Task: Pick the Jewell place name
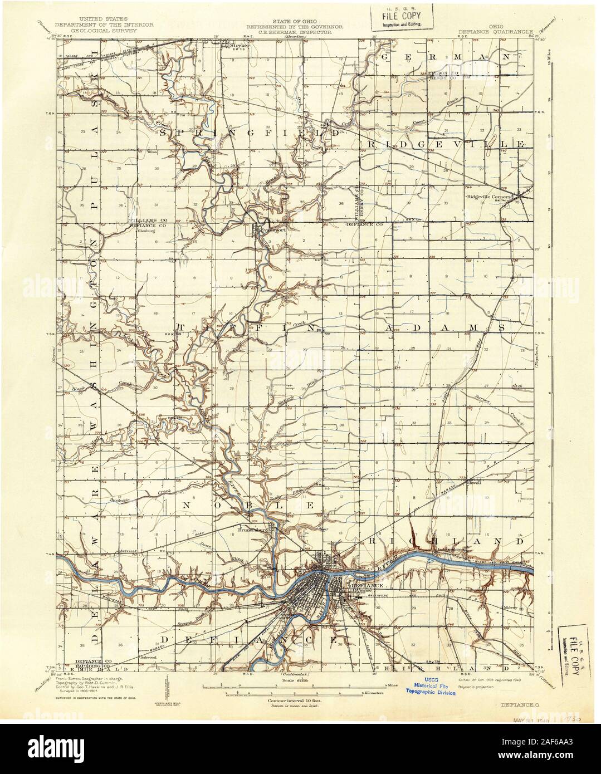(x=475, y=483)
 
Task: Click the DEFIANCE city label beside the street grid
(x=358, y=586)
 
